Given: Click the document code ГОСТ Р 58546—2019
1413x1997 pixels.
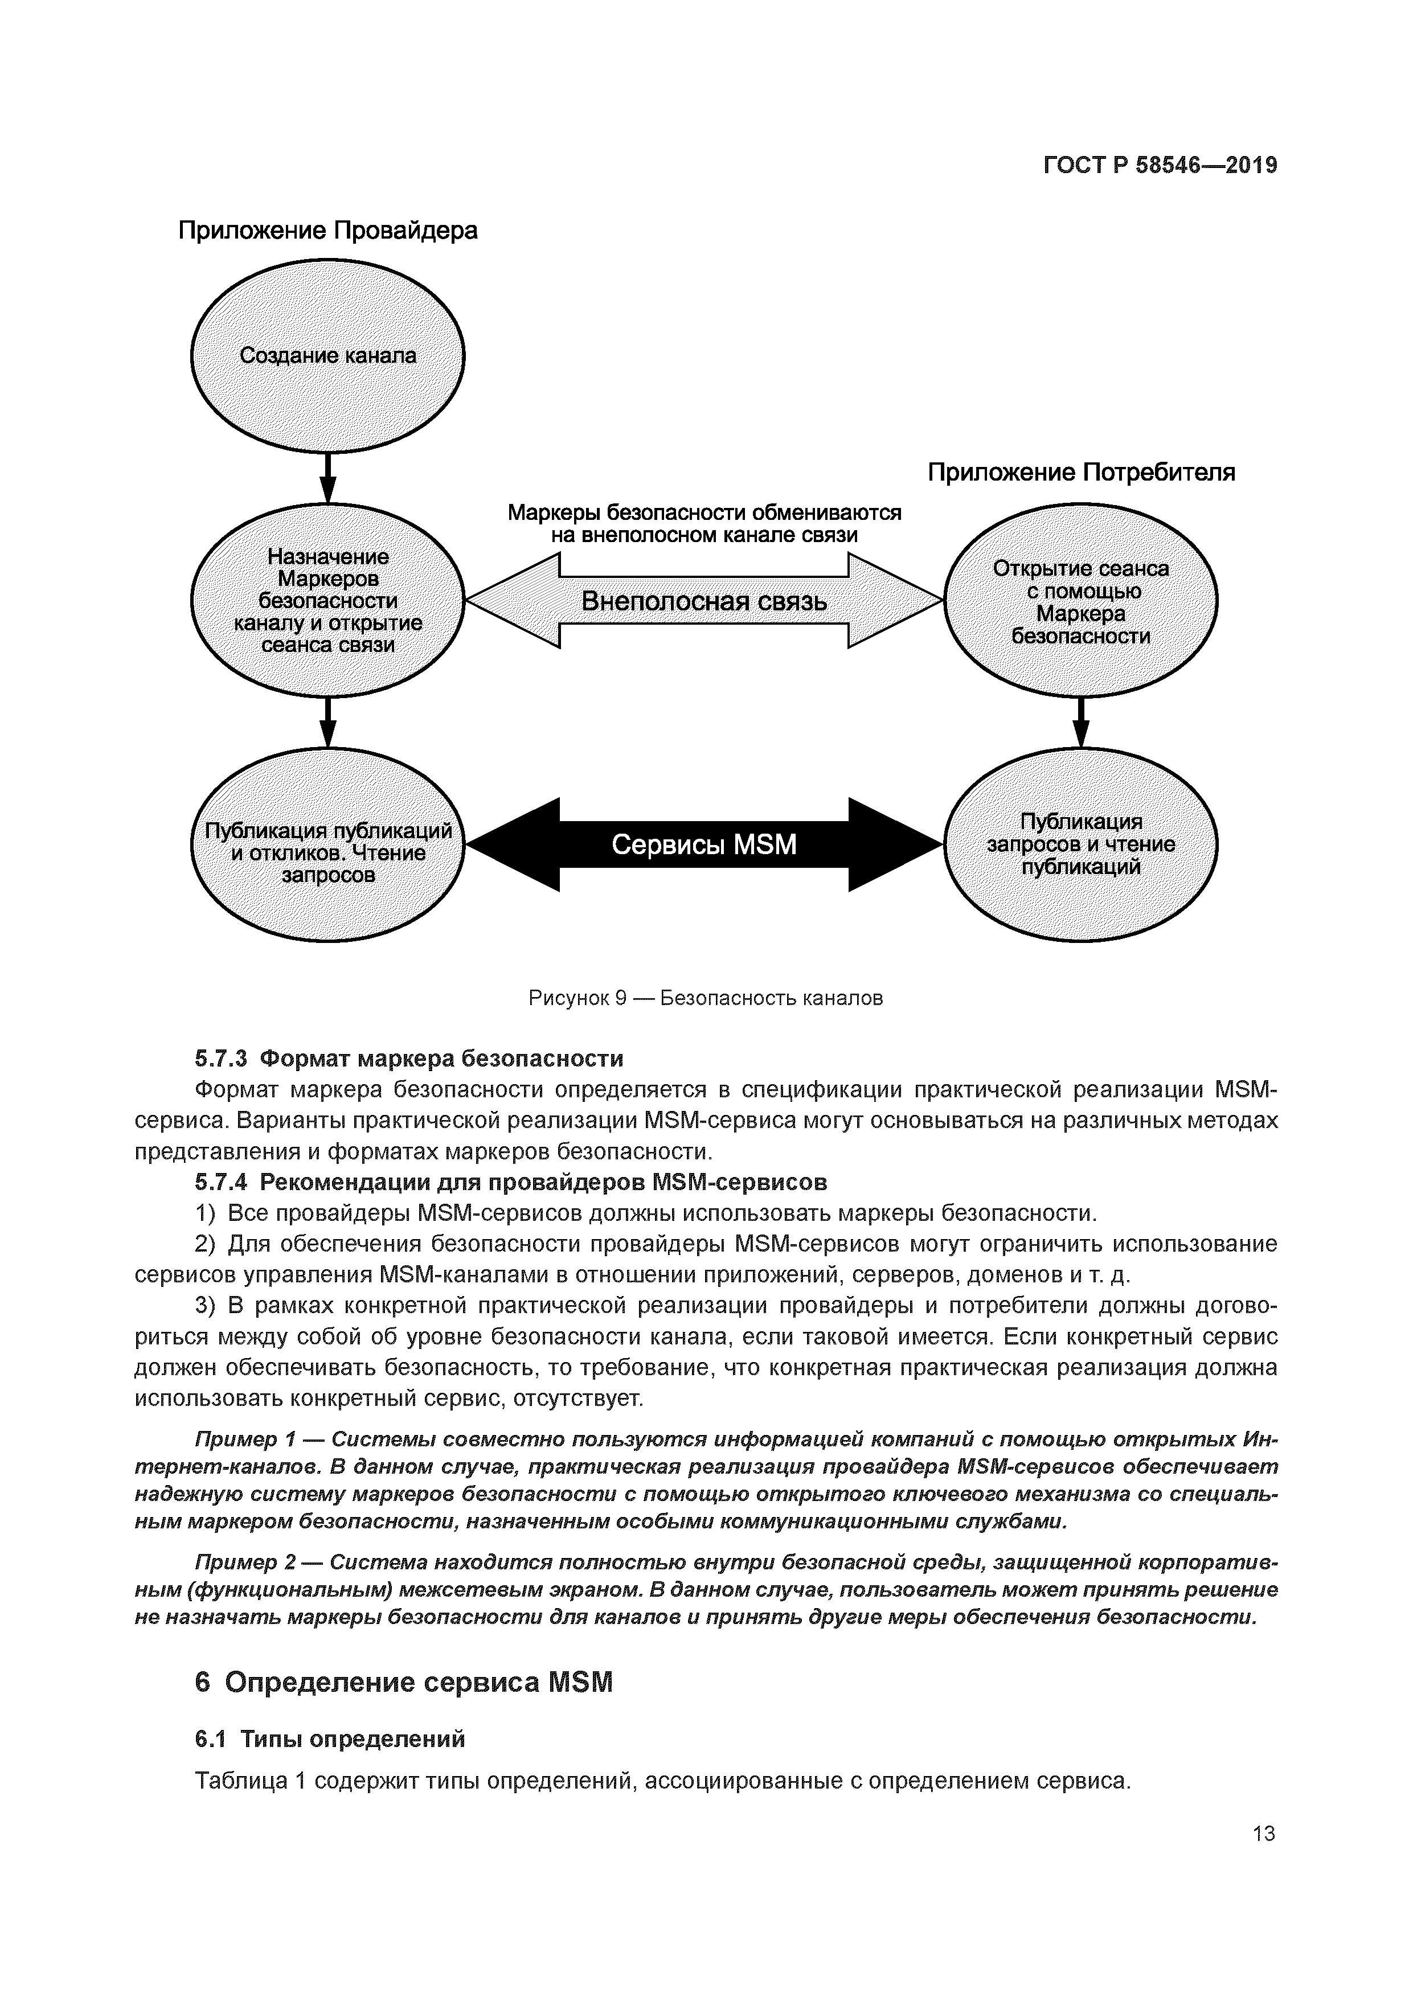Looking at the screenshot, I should pos(1160,165).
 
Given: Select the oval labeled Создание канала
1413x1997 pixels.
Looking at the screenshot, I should pos(328,355).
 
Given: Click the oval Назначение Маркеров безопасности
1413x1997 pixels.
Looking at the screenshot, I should pos(328,600).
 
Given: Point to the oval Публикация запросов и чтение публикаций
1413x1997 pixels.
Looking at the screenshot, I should pos(1080,844).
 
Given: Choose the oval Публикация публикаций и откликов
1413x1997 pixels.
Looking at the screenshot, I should pos(328,844).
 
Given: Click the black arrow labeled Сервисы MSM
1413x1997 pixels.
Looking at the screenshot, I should pos(704,844).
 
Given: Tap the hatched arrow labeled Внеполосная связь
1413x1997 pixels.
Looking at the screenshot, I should pos(704,601).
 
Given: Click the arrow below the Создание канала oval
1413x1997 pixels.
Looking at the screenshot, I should pos(328,478).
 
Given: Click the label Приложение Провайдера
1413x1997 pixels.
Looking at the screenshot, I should pos(328,231).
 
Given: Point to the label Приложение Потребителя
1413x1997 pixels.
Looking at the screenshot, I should pos(1080,472).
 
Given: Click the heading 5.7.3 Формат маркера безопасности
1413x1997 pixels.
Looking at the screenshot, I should pos(409,1059).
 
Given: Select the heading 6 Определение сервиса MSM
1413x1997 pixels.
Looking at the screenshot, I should pos(404,1682).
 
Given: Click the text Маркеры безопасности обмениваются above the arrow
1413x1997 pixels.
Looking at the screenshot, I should pos(704,513).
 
